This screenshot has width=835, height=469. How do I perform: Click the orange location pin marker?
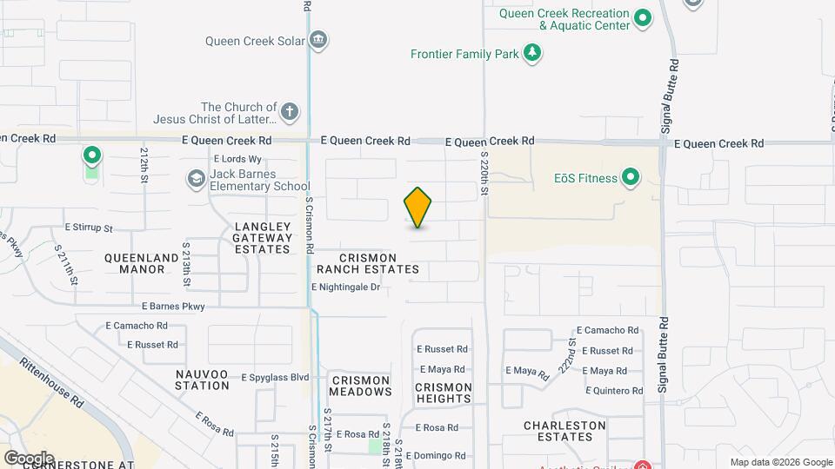coord(417,207)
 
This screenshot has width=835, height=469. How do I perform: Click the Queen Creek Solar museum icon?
coord(318,40)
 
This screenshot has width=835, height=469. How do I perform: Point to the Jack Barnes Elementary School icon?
coord(196,180)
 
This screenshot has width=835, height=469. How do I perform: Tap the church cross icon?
coord(290,111)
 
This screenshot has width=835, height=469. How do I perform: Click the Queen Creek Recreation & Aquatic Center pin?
coord(643,18)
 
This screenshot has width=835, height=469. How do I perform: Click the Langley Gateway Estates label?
coord(263,238)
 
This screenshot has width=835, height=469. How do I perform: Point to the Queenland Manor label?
coord(135,263)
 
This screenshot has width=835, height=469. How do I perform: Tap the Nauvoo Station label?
coord(202,380)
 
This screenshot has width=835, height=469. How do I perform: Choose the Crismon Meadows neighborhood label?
coord(360,386)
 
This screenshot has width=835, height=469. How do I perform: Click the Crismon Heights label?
coord(444,393)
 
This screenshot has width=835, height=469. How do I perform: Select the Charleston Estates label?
coord(564,431)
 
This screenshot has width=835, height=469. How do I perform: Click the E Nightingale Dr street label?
coord(346,287)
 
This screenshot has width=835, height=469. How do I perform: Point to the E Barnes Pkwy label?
coord(173,306)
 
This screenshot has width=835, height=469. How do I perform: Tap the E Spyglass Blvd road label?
coord(277,377)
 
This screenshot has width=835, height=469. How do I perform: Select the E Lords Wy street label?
coord(237,159)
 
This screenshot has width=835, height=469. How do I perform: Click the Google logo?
coord(29,458)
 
